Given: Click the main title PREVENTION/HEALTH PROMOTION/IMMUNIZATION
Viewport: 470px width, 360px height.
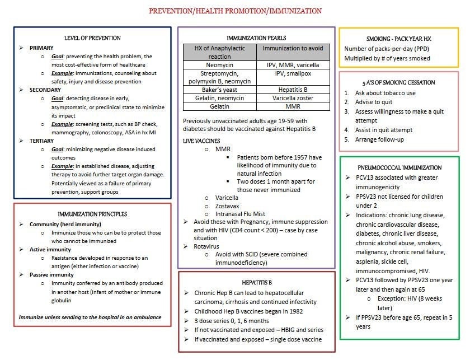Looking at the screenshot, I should tap(235, 11).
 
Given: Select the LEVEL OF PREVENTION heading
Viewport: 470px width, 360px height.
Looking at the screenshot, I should tap(92, 38).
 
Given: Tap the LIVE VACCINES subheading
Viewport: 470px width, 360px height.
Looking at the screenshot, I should tap(202, 141).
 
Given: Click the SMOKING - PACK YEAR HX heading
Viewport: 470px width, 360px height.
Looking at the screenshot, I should tap(398, 39).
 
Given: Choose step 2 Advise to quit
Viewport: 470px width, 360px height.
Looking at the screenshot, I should tap(378, 102).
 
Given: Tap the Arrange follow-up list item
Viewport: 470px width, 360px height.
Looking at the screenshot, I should tap(379, 139).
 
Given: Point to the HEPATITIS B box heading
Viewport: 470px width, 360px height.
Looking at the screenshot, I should tap(257, 283).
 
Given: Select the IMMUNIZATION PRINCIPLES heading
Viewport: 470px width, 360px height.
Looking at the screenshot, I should tap(92, 214).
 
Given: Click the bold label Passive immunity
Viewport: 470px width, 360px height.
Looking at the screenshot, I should tap(52, 275).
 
